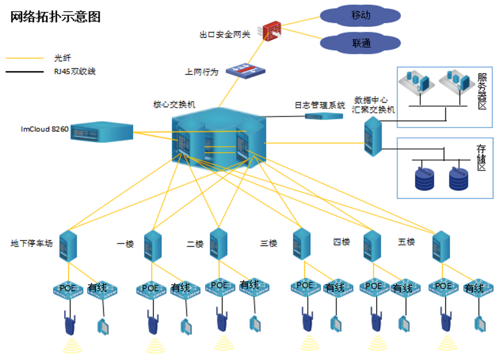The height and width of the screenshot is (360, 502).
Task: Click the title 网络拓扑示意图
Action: pos(56,17)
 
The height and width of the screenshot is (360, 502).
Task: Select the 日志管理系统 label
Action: pos(319,105)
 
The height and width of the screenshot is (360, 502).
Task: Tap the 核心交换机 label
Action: pos(174,104)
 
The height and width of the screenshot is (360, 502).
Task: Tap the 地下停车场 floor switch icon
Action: pos(69,245)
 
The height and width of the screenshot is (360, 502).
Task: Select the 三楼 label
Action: pos(269,243)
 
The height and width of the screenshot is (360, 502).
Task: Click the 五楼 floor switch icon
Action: pos(441,246)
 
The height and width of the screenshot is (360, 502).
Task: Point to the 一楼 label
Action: pos(125,243)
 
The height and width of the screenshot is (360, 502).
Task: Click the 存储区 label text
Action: pos(482,157)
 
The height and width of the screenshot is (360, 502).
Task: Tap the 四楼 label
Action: pos(341,242)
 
